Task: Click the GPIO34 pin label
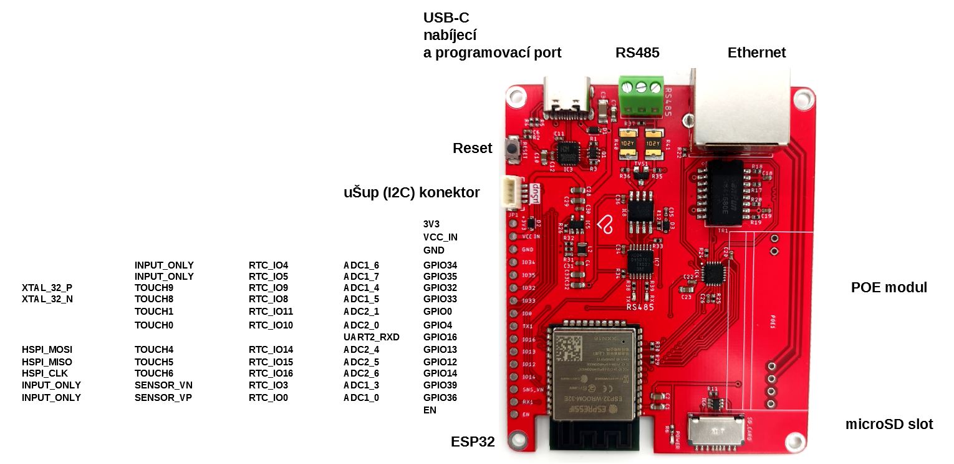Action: click(440, 265)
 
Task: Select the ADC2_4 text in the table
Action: click(361, 350)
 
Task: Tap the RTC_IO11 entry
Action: click(271, 311)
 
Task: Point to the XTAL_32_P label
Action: click(47, 288)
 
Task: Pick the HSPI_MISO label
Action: click(47, 362)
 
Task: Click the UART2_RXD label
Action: click(371, 337)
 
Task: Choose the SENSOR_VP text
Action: click(163, 397)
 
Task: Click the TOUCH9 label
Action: click(153, 288)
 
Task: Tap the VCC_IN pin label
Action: click(440, 237)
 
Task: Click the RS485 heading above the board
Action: click(637, 53)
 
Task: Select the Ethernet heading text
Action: click(756, 53)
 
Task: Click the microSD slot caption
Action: click(889, 425)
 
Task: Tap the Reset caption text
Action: click(472, 149)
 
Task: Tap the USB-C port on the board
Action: click(567, 97)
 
